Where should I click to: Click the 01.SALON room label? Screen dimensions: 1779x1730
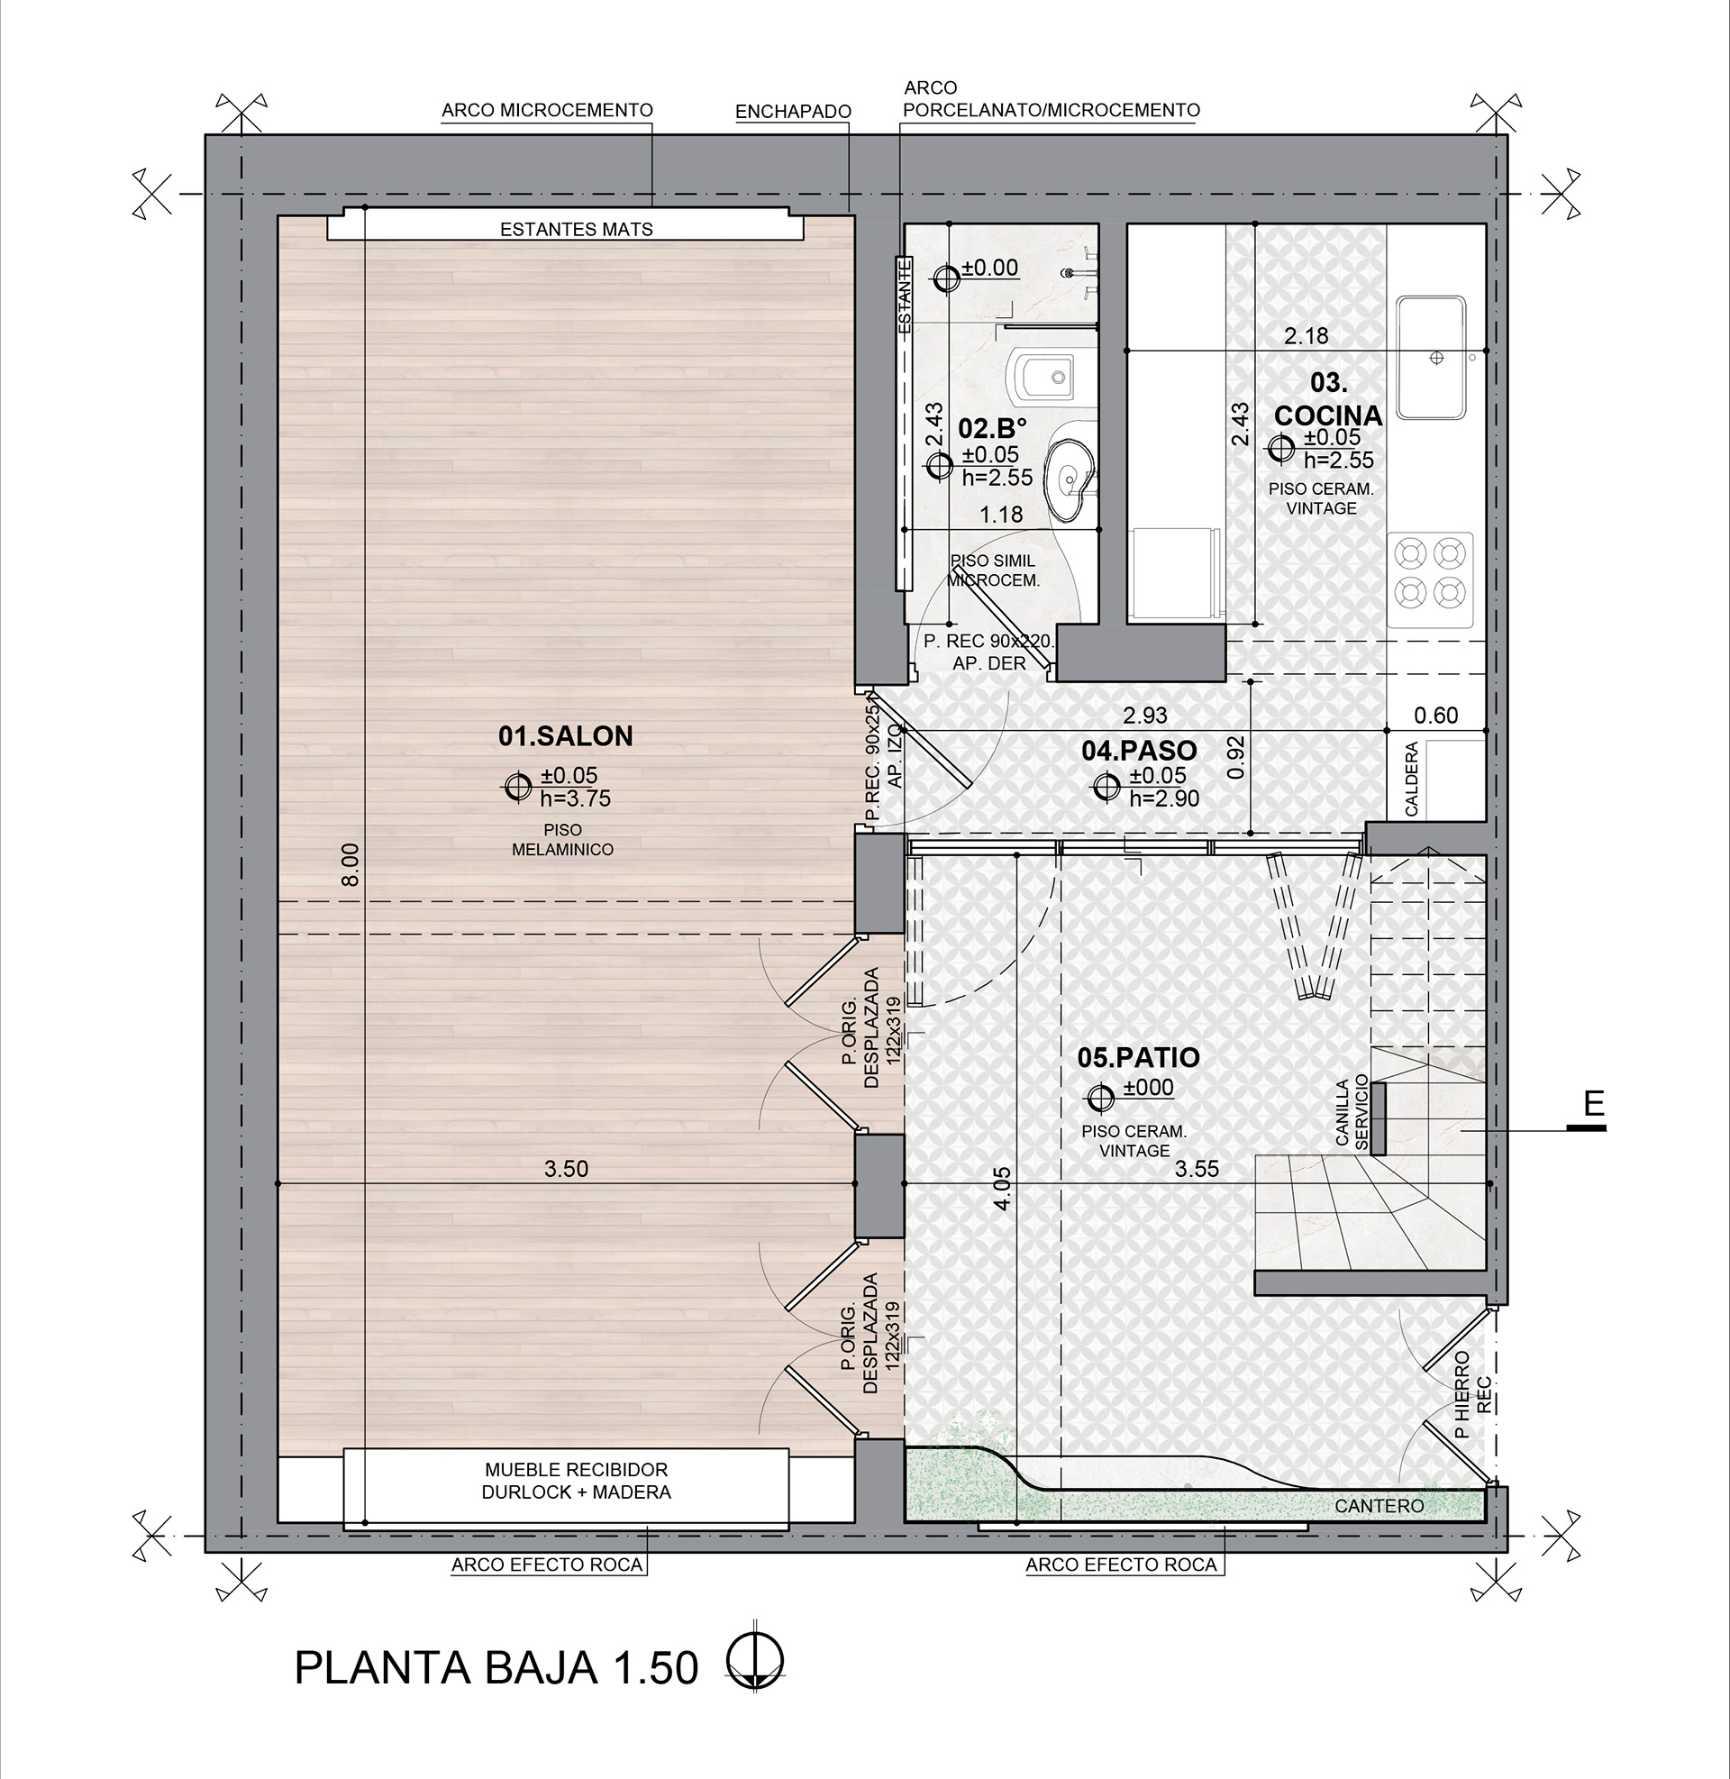pyautogui.click(x=565, y=736)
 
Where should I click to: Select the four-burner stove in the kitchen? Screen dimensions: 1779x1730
pyautogui.click(x=1430, y=572)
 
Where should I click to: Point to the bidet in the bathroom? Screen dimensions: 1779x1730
pyautogui.click(x=1043, y=376)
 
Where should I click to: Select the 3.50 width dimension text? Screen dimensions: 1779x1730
pyautogui.click(x=566, y=1169)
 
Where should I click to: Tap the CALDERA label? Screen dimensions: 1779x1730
pyautogui.click(x=1411, y=780)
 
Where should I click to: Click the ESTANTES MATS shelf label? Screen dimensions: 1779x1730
pyautogui.click(x=576, y=230)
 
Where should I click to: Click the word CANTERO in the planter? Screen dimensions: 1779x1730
pyautogui.click(x=1379, y=1507)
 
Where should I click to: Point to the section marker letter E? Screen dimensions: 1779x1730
pyautogui.click(x=1594, y=1104)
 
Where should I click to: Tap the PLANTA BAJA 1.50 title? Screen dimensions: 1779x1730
pyautogui.click(x=496, y=1668)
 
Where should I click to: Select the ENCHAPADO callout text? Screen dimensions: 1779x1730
pyautogui.click(x=792, y=112)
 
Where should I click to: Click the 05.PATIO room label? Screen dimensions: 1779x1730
pyautogui.click(x=1138, y=1058)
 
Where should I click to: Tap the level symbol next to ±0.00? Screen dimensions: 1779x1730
pyautogui.click(x=946, y=278)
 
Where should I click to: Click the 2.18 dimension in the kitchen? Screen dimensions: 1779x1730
pyautogui.click(x=1306, y=336)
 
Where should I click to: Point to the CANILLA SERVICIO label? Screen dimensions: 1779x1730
pyautogui.click(x=1351, y=1113)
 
